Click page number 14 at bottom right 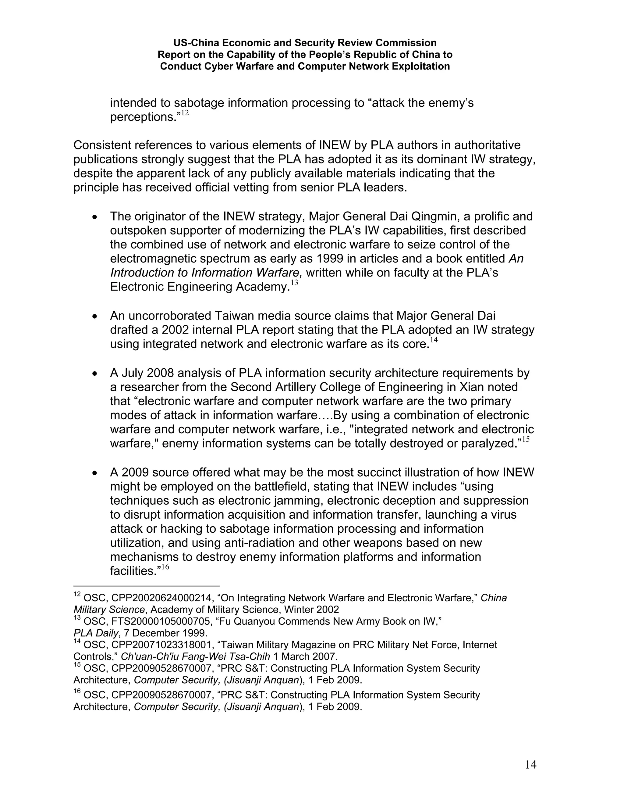530,765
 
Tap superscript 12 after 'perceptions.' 185,113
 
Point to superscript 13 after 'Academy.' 294,283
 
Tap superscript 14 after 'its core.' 434,340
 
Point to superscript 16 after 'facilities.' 165,567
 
